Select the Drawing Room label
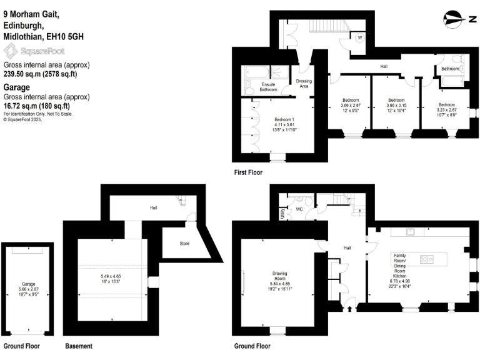click(279, 276)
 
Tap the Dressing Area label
click(304, 84)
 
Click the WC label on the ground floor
click(299, 209)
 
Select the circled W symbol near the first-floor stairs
click(360, 37)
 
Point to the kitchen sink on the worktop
click(412, 232)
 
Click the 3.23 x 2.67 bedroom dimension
click(446, 110)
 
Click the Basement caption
click(79, 346)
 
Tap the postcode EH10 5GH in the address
click(66, 37)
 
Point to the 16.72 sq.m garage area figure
click(19, 106)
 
